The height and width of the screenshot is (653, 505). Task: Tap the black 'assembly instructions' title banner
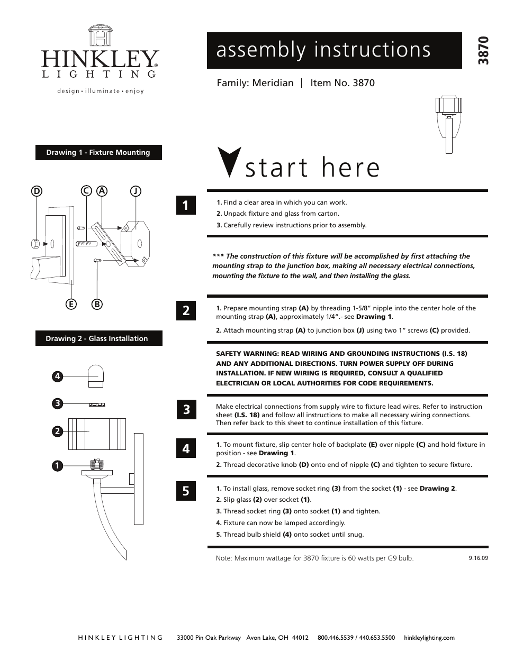coord(334,50)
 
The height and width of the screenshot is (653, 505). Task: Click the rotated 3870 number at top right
coord(483,50)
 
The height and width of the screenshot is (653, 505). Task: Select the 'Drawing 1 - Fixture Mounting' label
coord(98,153)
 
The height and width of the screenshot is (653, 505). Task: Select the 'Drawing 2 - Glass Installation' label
coord(98,338)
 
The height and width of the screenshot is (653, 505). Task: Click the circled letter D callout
coord(37,191)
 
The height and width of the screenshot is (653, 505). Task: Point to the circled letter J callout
coord(136,191)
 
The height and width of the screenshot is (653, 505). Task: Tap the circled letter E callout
coord(70,304)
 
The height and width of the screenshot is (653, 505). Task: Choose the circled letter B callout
coord(97,304)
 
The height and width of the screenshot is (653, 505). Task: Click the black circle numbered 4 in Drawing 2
coord(58,376)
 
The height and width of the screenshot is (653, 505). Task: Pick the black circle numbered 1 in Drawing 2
coord(58,466)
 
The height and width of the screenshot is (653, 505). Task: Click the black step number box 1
coord(186,205)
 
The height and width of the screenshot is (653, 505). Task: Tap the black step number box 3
coord(186,410)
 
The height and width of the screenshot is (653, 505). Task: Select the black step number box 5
coord(186,491)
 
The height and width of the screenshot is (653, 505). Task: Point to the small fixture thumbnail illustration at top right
coord(448,124)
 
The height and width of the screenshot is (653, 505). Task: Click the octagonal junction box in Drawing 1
coord(136,244)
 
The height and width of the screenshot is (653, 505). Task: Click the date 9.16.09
coord(478,558)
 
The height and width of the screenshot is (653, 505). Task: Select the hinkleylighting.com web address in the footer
coord(429,638)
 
